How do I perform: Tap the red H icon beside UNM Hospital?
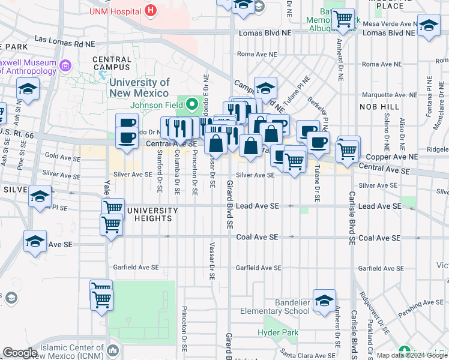click(x=151, y=10)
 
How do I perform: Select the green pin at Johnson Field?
click(x=192, y=104)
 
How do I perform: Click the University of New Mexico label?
click(x=140, y=88)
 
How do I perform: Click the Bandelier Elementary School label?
click(x=275, y=307)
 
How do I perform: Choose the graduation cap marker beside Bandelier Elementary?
click(x=324, y=301)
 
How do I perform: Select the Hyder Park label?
click(x=273, y=332)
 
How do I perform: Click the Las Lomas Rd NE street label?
click(x=64, y=40)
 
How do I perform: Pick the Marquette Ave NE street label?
click(x=389, y=95)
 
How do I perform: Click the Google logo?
click(x=20, y=353)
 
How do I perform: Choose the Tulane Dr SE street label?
click(x=316, y=186)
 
